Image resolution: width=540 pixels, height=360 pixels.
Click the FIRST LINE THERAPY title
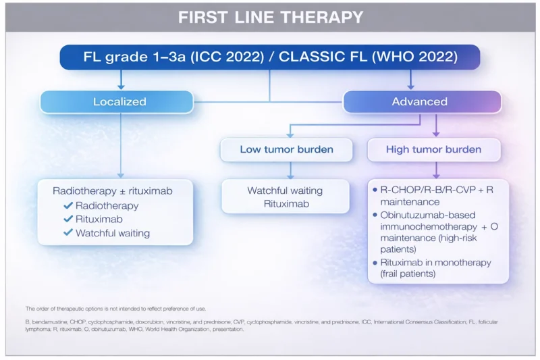click(x=270, y=17)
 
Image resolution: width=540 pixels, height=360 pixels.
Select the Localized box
click(x=119, y=101)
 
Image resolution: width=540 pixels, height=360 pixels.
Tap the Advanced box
click(x=419, y=101)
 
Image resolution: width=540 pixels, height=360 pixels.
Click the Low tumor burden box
click(x=286, y=149)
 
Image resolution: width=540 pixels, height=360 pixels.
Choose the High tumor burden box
click(x=433, y=149)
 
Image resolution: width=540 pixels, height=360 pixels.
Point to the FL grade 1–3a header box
click(x=270, y=57)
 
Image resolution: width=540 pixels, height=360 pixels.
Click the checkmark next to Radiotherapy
click(x=67, y=206)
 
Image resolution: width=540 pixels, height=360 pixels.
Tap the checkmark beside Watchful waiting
click(x=67, y=234)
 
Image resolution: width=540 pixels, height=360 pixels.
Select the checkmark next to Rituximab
click(x=67, y=220)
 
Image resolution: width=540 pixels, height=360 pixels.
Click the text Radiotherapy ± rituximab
click(x=113, y=191)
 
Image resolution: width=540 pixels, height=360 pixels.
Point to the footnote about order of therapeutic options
click(x=115, y=308)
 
